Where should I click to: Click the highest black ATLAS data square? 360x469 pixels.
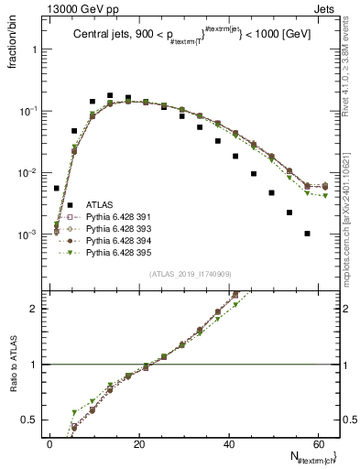coord(110,95)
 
